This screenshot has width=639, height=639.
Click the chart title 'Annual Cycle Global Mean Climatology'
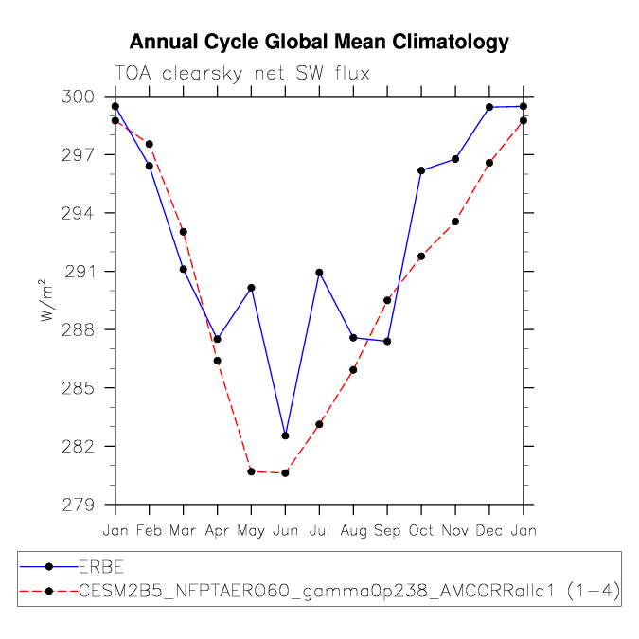point(319,43)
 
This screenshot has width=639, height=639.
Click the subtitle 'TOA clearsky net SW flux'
point(242,74)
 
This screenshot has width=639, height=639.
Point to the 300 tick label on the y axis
point(78,97)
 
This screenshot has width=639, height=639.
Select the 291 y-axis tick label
point(80,272)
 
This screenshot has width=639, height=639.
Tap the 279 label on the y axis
point(78,505)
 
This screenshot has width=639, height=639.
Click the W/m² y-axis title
point(46,300)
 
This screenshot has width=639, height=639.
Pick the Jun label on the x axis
point(285,530)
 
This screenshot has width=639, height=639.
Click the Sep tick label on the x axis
point(387,531)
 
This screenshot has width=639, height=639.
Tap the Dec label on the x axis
point(489,530)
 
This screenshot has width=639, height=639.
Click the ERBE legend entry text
point(101,567)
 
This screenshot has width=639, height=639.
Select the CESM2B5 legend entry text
point(349,591)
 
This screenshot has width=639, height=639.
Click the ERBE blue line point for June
point(285,435)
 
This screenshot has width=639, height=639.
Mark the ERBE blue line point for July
point(320,273)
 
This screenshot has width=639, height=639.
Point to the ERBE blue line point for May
point(252,288)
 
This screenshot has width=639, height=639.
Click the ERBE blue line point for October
point(421,170)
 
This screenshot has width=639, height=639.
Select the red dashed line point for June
point(285,472)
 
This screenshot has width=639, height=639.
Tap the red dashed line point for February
point(150,144)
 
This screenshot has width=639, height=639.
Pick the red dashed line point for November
point(455,222)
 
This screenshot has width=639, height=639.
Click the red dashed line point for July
point(320,424)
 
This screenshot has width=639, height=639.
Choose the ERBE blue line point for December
point(489,107)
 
